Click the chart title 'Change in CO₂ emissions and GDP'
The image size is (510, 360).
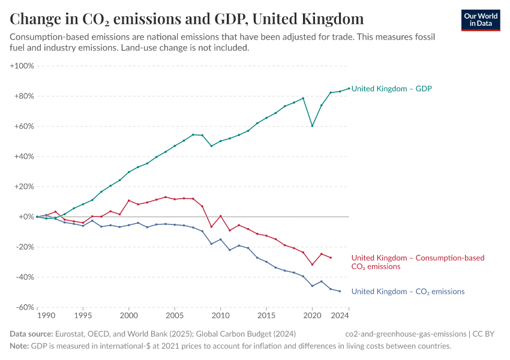pos(187,19)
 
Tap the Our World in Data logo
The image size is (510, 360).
pos(481,20)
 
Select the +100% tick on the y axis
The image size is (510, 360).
pos(22,66)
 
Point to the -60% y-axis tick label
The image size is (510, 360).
pos(23,307)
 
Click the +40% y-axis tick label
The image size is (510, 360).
pos(23,157)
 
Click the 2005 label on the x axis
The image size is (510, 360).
pos(175,316)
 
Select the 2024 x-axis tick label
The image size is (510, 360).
pos(340,316)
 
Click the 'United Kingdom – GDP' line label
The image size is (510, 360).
pos(391,89)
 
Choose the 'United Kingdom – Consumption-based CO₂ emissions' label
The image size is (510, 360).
pos(418,262)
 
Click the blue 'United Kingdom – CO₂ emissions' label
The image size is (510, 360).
pos(407,292)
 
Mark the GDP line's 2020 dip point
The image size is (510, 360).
pos(312,126)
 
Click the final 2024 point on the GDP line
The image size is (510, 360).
pos(349,88)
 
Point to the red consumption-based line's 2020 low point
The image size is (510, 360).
pos(312,265)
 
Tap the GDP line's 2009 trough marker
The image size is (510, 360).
pos(211,146)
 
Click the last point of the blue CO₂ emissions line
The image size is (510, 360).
pos(340,291)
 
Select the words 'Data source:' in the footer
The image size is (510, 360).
pos(31,334)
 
